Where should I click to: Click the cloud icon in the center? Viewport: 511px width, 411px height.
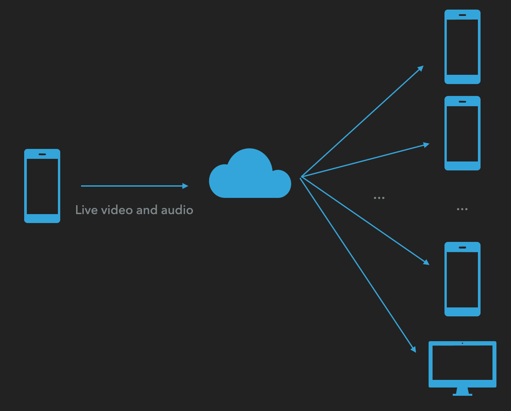tap(250, 175)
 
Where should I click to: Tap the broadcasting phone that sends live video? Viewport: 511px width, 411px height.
tap(42, 186)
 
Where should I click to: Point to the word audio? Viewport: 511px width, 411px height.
tap(177, 210)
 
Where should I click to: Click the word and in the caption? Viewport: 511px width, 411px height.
tap(147, 210)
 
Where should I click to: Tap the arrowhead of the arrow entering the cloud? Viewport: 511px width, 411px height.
tap(186, 186)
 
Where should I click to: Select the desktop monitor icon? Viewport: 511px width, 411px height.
tap(462, 364)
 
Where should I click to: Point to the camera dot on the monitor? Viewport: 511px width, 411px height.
tap(462, 343)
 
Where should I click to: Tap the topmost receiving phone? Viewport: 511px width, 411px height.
tap(462, 47)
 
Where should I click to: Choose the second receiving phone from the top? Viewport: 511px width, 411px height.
tap(462, 133)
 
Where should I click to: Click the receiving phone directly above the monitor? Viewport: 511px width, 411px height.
tap(462, 279)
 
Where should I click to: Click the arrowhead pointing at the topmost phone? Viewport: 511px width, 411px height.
tap(421, 68)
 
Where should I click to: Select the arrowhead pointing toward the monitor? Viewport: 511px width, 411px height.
tap(414, 349)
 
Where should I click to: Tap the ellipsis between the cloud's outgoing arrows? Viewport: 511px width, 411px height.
tap(379, 198)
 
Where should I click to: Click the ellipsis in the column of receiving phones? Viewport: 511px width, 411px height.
tap(462, 209)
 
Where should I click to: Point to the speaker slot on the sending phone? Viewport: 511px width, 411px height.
tap(42, 154)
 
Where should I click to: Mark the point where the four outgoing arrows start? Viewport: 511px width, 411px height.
tap(301, 177)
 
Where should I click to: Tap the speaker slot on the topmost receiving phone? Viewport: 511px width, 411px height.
tap(462, 15)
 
